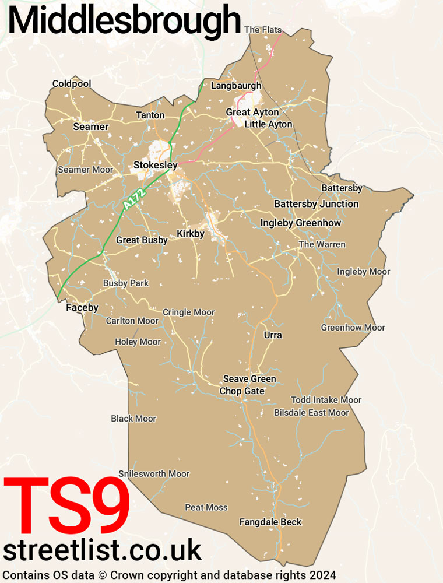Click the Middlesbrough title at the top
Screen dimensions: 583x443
124,22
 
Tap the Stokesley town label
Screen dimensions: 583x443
155,166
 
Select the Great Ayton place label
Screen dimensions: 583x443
252,112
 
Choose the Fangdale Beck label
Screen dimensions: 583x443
270,522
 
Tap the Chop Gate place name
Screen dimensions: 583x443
242,391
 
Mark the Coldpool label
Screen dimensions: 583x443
72,84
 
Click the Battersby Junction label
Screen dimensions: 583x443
316,203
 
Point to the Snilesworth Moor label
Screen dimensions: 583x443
154,473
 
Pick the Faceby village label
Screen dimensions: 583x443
82,307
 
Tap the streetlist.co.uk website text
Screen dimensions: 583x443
103,550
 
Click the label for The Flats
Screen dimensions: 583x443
263,30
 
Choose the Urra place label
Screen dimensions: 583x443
273,335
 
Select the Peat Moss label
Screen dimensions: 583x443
206,507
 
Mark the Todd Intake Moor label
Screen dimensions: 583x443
326,400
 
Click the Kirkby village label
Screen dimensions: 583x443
191,234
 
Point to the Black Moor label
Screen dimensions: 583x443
133,419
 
